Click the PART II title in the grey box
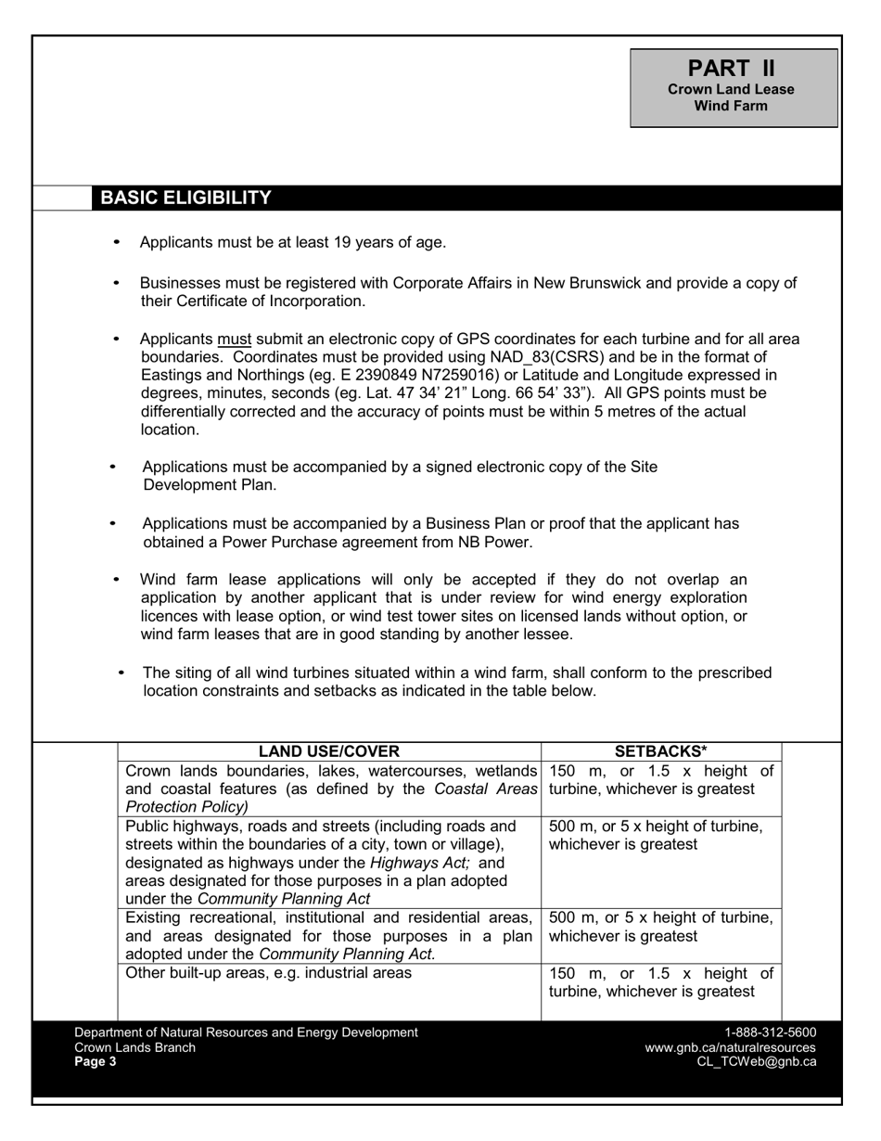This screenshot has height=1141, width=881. [x=732, y=68]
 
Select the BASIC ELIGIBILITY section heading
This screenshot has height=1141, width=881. [x=185, y=198]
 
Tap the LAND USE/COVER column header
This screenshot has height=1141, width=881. [x=328, y=751]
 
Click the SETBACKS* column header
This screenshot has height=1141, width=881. [x=661, y=751]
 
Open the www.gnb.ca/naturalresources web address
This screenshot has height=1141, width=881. [x=730, y=1047]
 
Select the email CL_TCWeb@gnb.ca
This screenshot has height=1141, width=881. [x=756, y=1062]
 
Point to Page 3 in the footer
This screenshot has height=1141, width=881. [x=96, y=1062]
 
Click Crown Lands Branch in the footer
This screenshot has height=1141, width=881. [x=134, y=1047]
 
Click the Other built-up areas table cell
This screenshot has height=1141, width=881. [x=269, y=974]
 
